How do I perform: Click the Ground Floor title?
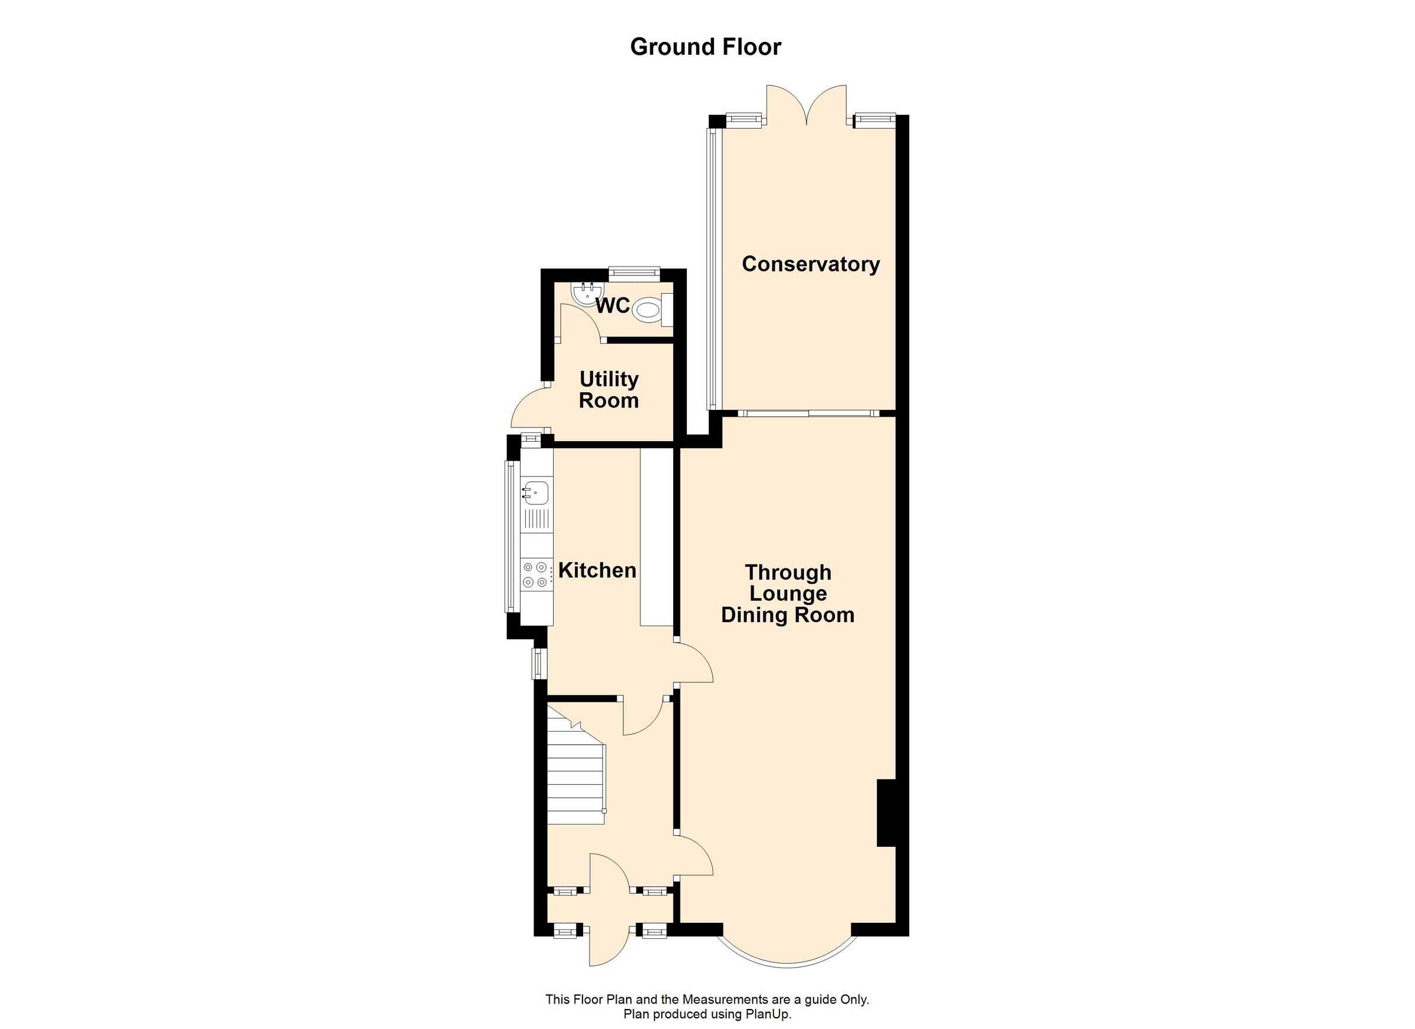705,47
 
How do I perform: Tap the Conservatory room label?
810,264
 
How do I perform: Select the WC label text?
613,306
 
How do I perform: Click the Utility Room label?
608,389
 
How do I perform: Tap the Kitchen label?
597,570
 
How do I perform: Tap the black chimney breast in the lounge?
886,813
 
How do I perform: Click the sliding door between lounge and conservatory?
808,413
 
